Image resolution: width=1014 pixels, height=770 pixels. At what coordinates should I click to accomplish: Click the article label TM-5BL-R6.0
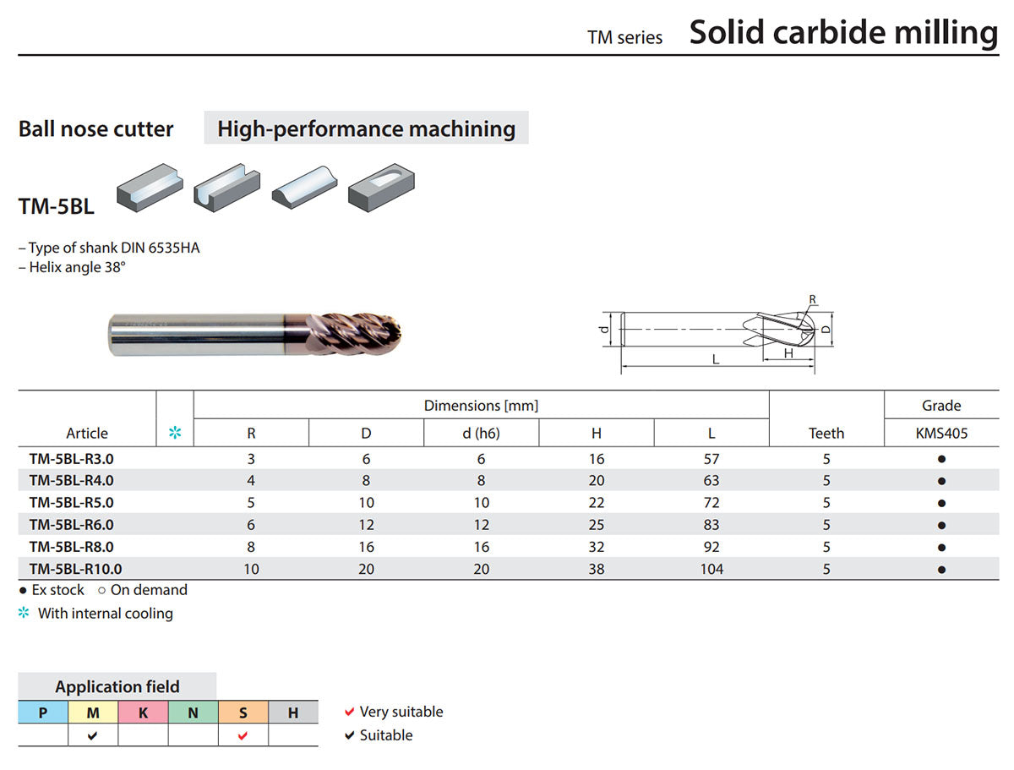point(71,525)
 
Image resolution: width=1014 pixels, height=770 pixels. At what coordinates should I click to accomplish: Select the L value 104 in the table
point(711,569)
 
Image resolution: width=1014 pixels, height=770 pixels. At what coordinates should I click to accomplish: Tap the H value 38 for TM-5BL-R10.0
point(597,569)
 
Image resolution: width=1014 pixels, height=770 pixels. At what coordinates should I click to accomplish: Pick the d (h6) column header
point(481,434)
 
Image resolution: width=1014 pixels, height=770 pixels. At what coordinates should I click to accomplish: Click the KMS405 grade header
point(941,434)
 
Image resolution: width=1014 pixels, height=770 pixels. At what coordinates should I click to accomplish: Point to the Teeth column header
point(826,434)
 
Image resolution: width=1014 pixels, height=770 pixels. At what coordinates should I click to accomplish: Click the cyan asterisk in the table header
point(175,433)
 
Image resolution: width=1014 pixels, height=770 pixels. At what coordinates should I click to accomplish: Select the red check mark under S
point(243,735)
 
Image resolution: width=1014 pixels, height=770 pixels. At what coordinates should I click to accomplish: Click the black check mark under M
point(92,735)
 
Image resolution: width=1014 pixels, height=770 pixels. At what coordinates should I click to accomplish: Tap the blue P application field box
point(43,713)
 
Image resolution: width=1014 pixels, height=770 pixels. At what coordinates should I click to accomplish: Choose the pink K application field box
point(143,713)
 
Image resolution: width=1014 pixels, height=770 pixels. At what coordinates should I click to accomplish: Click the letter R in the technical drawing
point(813,299)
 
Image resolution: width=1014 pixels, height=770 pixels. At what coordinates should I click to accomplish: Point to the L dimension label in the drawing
point(716,359)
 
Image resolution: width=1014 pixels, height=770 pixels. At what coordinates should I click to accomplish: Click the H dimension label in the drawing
point(788,353)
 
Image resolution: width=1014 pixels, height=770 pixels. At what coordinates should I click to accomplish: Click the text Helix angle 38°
point(77,267)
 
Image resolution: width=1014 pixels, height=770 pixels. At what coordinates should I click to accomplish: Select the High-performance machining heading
point(367,128)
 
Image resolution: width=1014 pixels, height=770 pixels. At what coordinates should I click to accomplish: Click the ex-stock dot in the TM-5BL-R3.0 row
point(941,459)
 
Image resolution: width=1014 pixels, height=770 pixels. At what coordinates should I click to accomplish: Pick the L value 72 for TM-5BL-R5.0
point(711,503)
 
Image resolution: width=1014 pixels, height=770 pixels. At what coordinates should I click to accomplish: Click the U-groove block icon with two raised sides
point(226,188)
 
